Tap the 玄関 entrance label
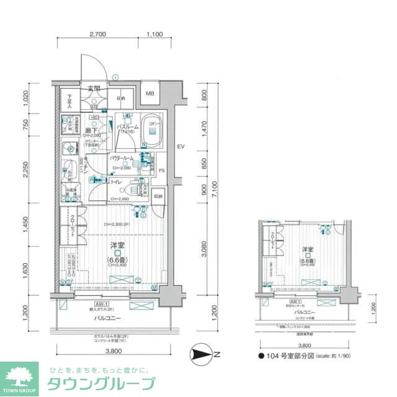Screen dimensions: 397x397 (94, 88)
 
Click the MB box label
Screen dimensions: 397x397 (150, 94)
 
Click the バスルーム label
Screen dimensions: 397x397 (127, 127)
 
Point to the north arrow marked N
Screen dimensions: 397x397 (204, 354)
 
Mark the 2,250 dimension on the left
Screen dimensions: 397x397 (25, 169)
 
